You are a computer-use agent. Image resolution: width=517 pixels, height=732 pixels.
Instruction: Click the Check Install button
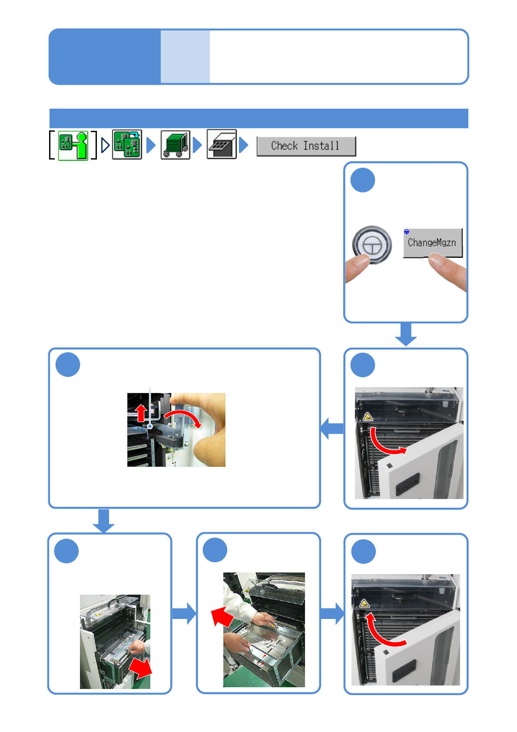(x=306, y=146)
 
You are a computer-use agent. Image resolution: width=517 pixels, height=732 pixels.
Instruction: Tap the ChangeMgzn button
(x=432, y=243)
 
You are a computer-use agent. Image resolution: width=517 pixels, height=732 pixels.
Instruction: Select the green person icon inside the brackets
(x=73, y=146)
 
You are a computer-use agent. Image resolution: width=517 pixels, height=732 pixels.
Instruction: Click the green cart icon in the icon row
(x=175, y=145)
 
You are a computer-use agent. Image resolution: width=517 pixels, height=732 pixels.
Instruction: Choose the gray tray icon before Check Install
(x=222, y=144)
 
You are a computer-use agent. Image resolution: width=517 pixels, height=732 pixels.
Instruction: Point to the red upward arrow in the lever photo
(x=141, y=413)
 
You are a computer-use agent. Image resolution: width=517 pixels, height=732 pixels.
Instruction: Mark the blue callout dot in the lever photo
(x=150, y=427)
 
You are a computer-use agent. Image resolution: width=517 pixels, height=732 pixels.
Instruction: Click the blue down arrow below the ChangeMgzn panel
(x=406, y=334)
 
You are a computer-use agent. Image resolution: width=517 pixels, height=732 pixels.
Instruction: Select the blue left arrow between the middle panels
(x=332, y=429)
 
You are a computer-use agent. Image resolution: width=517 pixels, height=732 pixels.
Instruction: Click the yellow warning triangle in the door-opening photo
(x=368, y=417)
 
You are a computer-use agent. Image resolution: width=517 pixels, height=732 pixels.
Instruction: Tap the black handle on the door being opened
(x=408, y=484)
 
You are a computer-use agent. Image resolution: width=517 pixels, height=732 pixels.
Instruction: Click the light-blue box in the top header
(x=185, y=57)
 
